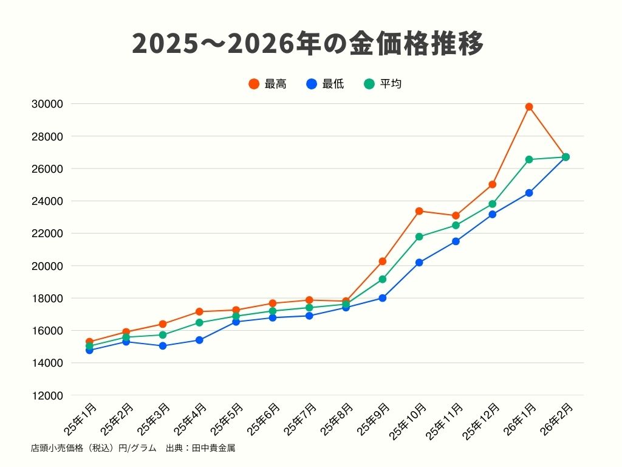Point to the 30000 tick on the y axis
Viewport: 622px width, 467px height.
coord(47,104)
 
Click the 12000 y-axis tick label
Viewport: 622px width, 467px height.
coord(47,395)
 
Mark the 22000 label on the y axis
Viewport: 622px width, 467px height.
coord(47,233)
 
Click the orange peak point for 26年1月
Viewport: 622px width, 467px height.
coord(529,107)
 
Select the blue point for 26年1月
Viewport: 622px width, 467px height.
coord(529,193)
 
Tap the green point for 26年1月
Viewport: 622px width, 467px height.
coord(529,159)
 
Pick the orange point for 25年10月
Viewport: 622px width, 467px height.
coord(419,211)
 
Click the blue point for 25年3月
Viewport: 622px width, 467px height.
coord(163,346)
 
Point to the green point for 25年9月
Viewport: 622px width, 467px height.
coord(383,279)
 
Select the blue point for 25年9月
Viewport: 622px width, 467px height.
coord(383,298)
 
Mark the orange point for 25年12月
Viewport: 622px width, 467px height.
coord(493,184)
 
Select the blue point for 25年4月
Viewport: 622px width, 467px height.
coord(199,340)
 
